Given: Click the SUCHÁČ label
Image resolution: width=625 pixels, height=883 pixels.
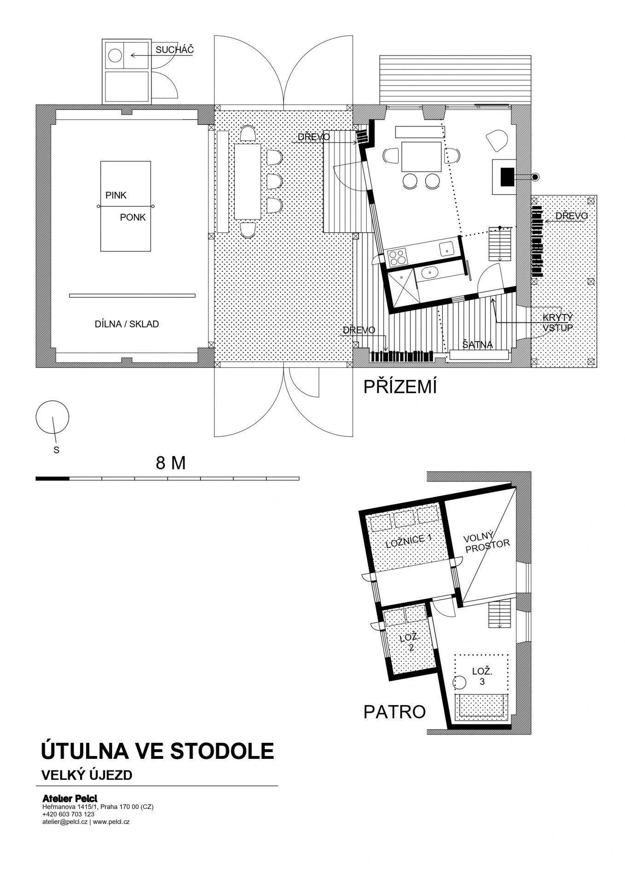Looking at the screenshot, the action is [x=174, y=50].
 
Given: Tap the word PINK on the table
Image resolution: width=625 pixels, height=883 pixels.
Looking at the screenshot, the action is [x=116, y=195].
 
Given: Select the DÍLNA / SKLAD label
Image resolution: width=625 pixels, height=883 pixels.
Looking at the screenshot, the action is [x=127, y=324].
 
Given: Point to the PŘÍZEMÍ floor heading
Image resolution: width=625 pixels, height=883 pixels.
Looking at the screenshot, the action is [x=400, y=387].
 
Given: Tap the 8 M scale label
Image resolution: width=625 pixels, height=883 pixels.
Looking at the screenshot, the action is [x=171, y=463].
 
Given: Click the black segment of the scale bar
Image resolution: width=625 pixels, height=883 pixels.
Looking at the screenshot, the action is [x=52, y=479].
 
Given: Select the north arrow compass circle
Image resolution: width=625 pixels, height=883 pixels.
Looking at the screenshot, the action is [x=52, y=417].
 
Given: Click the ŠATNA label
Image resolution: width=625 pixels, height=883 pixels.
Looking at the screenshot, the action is [x=477, y=344].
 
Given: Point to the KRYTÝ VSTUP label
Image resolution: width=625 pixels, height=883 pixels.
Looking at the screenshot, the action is [x=557, y=323].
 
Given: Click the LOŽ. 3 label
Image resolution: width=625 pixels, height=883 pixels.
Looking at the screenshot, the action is [x=482, y=677].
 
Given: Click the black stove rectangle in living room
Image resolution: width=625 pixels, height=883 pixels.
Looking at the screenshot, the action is [x=507, y=177].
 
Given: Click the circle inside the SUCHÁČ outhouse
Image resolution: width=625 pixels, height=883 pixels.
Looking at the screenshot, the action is [x=115, y=56].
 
